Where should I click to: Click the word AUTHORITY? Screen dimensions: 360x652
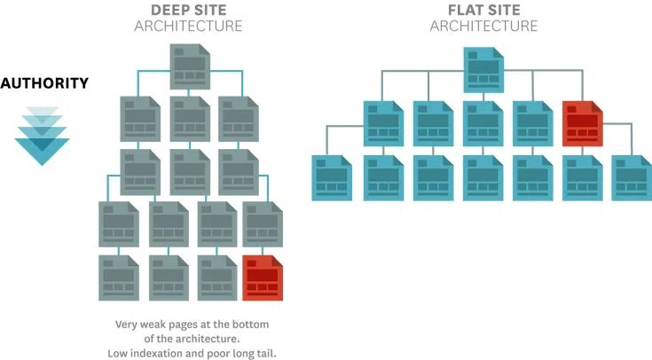click(43, 84)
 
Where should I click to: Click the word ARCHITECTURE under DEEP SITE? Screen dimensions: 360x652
click(188, 26)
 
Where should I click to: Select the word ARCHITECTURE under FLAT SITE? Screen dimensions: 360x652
click(483, 26)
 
